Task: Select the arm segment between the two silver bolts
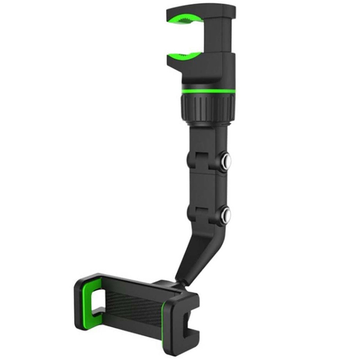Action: point(205,188)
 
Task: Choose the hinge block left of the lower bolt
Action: point(198,214)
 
